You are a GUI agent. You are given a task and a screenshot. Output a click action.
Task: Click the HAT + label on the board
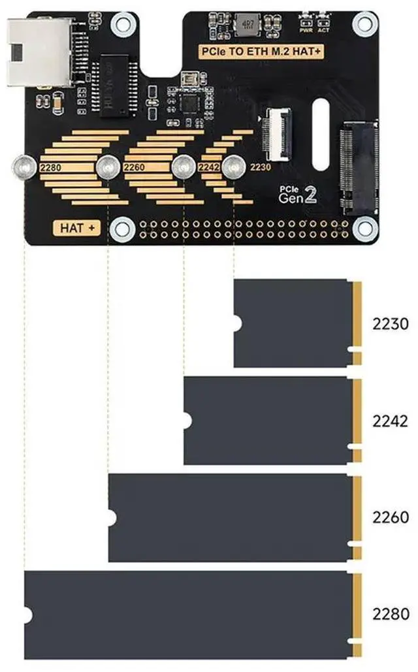[x=77, y=228]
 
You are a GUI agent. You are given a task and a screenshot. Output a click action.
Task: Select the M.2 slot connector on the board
[x=358, y=170]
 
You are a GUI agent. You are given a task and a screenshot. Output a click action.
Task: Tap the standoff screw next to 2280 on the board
[x=24, y=167]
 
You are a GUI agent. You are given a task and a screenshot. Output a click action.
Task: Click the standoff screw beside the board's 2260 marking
[x=108, y=168]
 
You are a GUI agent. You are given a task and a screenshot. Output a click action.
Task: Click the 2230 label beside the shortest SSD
[x=390, y=323]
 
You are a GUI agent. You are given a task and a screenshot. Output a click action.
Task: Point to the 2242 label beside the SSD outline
[x=390, y=420]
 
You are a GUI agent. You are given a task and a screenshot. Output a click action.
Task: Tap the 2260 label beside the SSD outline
[x=390, y=518]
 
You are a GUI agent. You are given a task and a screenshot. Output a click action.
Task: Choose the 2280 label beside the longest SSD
[x=390, y=615]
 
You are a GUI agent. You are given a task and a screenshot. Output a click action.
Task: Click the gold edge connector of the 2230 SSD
[x=357, y=323]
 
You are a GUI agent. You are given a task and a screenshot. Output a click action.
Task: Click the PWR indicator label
[x=304, y=29]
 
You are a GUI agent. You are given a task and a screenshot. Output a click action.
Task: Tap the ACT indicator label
[x=323, y=29]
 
